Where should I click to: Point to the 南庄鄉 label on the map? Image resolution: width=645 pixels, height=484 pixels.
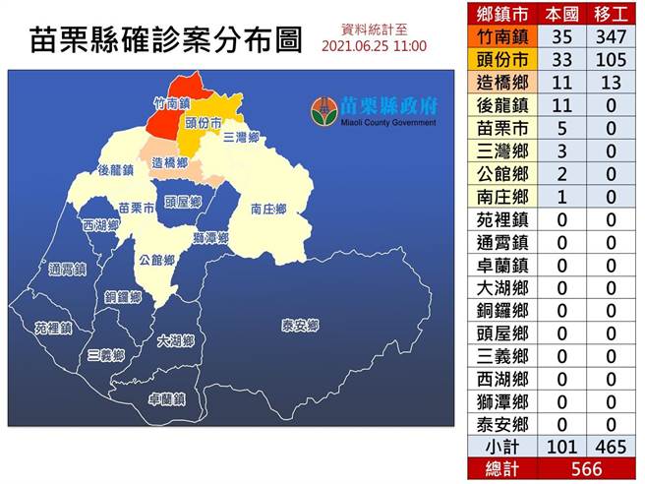pyautogui.click(x=268, y=209)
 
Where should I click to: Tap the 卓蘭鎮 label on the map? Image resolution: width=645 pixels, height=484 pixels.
pyautogui.click(x=167, y=399)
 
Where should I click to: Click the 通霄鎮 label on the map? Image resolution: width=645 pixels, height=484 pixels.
pyautogui.click(x=68, y=269)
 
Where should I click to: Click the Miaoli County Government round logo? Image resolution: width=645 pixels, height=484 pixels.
pyautogui.click(x=324, y=109)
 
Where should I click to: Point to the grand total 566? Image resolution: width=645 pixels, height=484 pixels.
pyautogui.click(x=586, y=469)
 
